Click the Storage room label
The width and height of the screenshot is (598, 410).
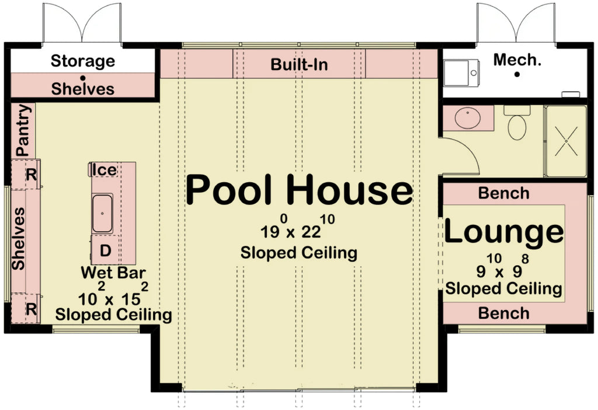82,61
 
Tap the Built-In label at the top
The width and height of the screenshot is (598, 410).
299,64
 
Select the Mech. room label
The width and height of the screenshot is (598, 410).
517,60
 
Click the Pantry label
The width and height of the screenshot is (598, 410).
23,130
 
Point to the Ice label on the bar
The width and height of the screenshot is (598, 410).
106,170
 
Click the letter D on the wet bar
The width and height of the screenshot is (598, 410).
105,251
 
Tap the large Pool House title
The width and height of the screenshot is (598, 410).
299,190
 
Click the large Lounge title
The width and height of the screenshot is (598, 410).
505,232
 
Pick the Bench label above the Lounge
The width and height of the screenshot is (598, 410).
503,193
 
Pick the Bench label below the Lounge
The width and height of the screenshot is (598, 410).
503,313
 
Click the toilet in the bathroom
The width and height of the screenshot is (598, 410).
517,124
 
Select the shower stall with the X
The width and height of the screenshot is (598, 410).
565,141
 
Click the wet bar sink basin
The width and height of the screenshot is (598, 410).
102,214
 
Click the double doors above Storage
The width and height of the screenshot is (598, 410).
82,23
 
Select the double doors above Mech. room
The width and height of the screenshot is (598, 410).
516,23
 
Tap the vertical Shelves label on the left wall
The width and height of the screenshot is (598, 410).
19,238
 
